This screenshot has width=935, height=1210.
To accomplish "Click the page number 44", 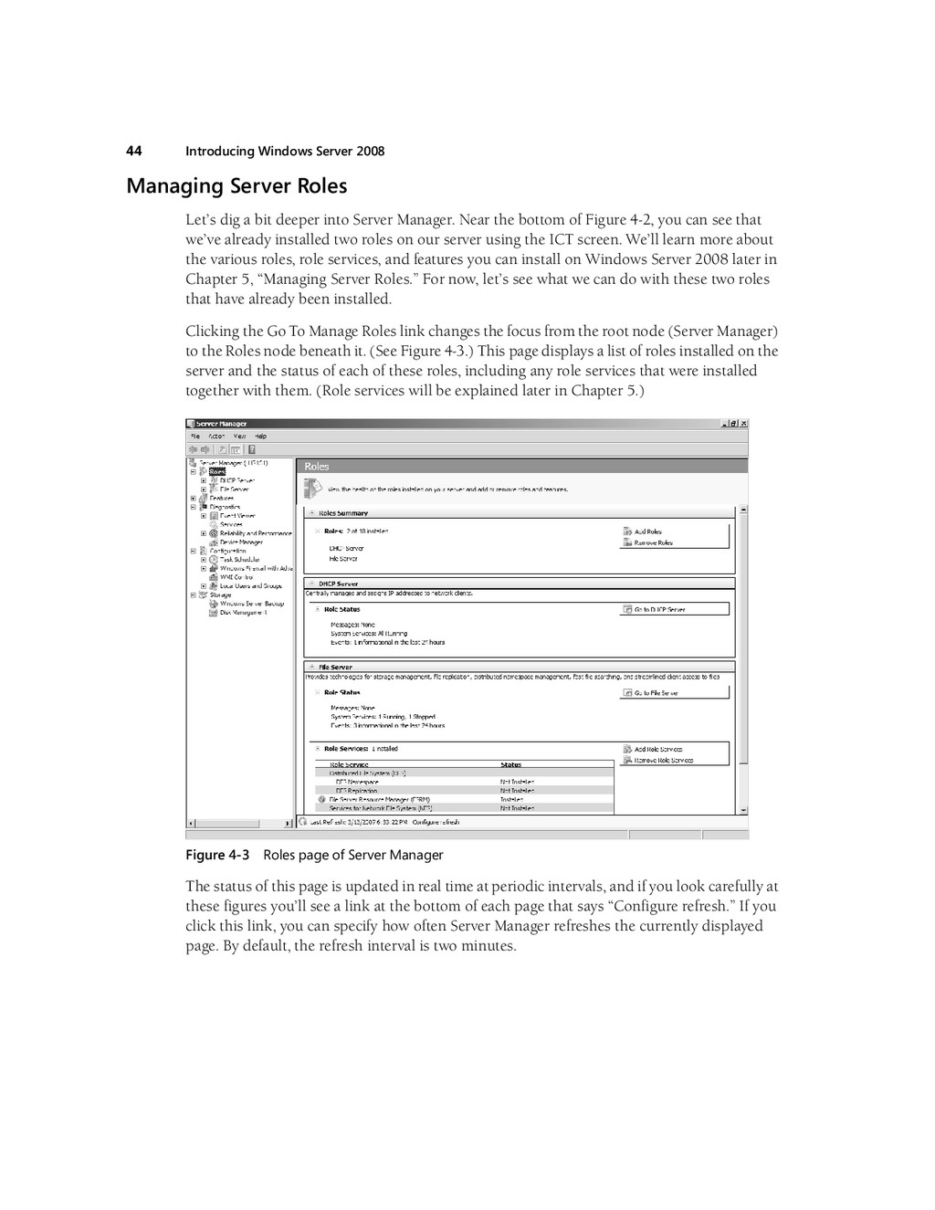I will point(133,151).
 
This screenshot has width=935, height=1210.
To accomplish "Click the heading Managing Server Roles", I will point(236,186).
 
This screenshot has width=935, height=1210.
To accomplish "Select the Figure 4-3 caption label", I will point(217,855).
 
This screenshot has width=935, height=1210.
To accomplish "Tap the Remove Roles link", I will point(653,542).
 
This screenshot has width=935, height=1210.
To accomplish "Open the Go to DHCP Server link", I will point(659,609).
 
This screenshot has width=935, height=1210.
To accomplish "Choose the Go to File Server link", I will point(656,693).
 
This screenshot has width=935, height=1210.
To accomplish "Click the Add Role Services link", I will point(657,749).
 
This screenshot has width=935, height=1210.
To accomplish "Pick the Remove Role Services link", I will point(663,760).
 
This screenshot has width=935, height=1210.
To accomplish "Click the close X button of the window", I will point(743,424).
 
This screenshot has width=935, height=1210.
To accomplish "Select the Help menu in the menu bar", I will point(260,437).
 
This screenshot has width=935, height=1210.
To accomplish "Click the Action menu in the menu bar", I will point(216,437).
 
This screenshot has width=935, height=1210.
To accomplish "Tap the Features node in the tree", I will point(222,499).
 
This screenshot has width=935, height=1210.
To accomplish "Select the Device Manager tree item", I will point(241,542).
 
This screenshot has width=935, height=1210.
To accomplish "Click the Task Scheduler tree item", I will point(239,560).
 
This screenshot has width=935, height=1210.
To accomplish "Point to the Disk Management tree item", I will point(243,613).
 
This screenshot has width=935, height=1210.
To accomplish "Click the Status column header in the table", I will point(511,765).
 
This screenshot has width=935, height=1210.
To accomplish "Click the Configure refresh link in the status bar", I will point(436,822).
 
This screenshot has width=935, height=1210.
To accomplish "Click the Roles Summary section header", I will point(342,513).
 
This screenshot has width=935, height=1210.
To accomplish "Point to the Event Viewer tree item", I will point(237,516).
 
